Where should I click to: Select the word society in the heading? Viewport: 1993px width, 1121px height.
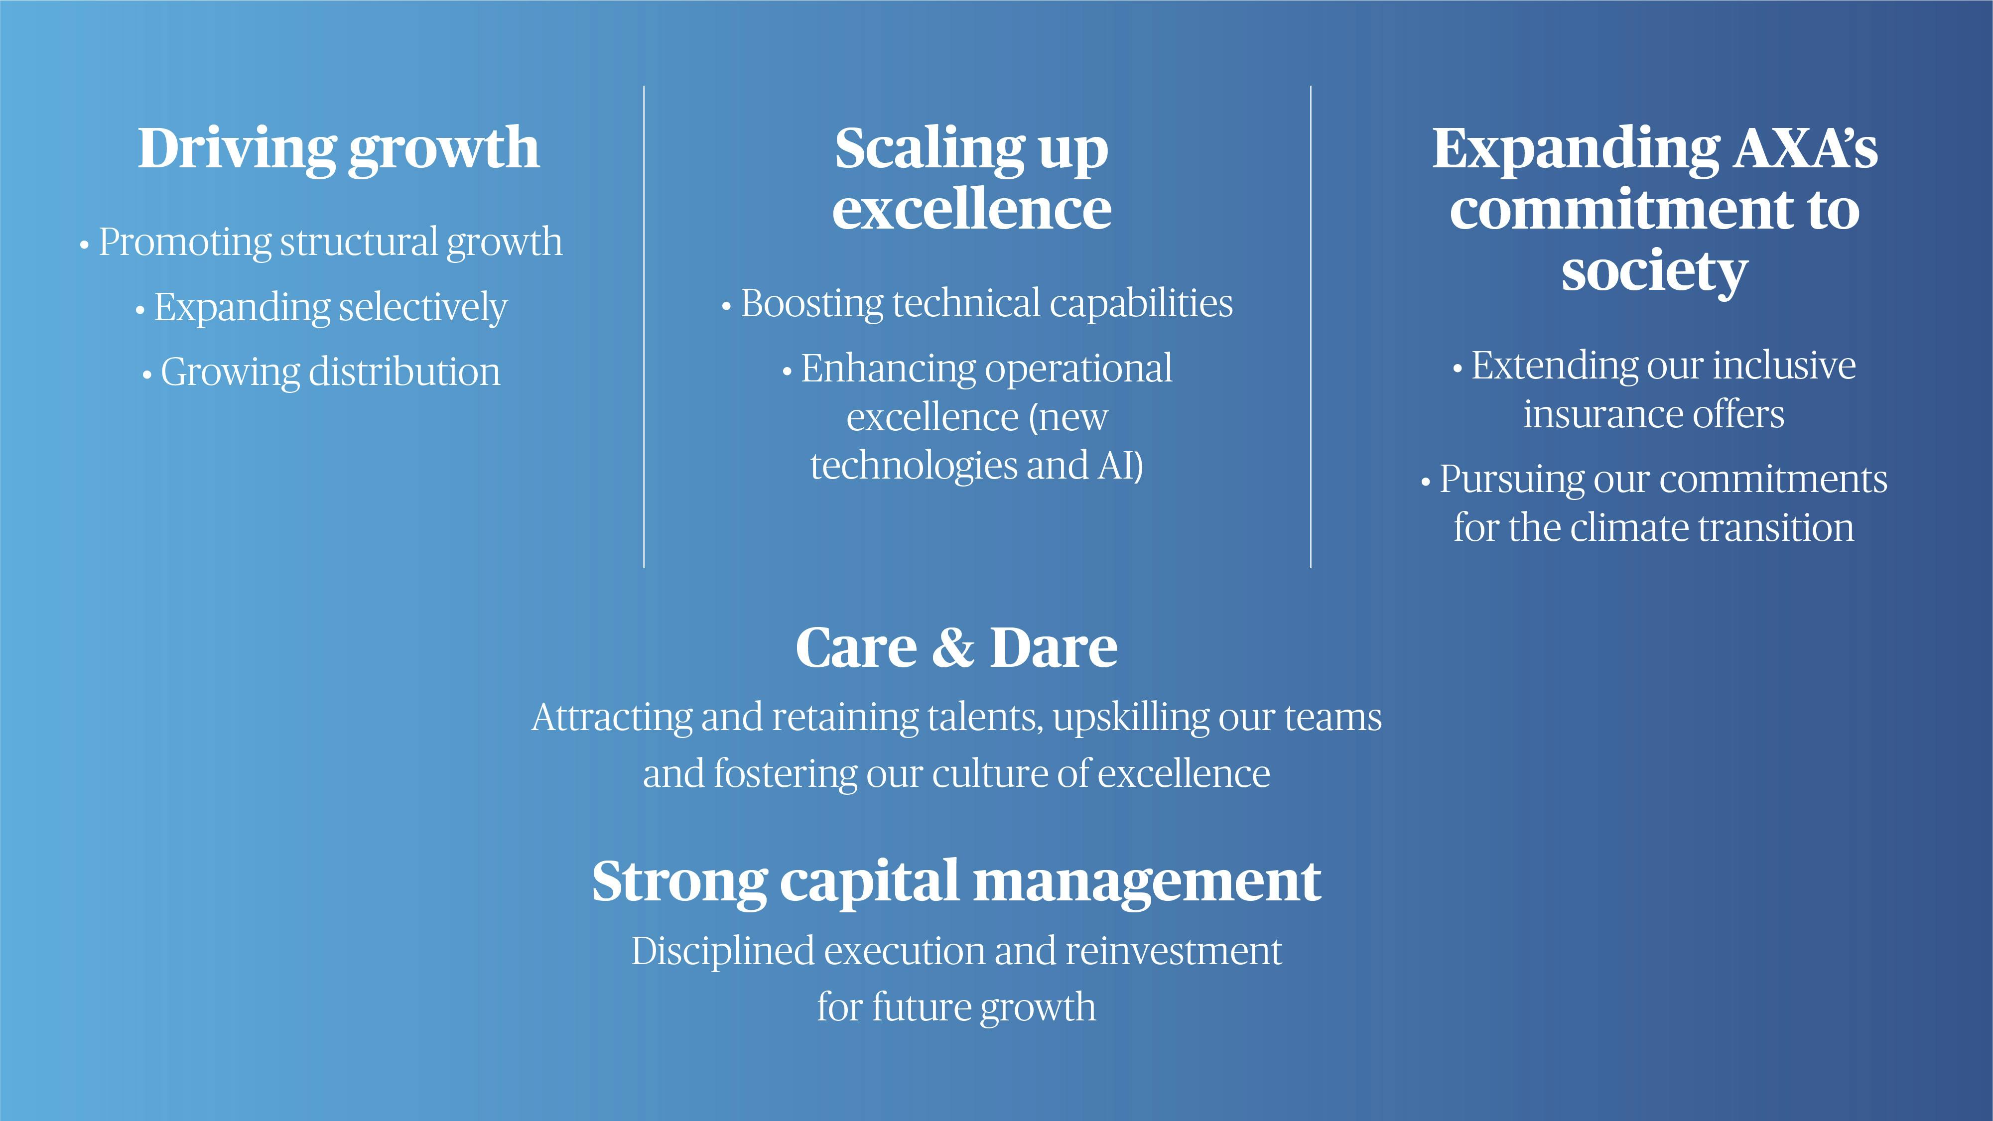1654,272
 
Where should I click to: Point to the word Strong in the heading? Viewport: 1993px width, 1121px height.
679,882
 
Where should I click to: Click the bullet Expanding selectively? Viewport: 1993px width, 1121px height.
321,308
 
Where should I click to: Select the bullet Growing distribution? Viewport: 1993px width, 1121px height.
321,372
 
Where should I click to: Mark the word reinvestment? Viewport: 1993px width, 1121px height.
1174,952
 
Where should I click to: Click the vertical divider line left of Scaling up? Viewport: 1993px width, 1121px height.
644,327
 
